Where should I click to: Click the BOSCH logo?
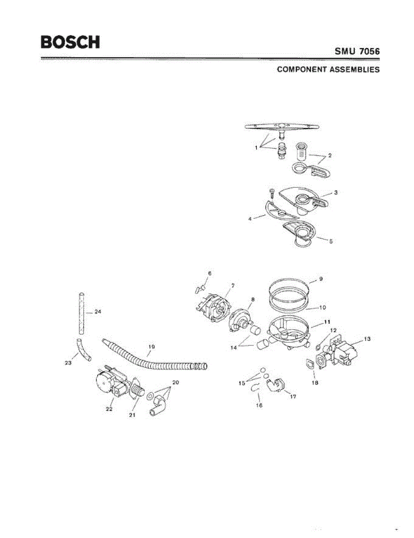click(70, 42)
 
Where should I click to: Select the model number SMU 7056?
click(357, 52)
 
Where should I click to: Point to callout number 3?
click(335, 192)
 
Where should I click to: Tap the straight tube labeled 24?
click(81, 313)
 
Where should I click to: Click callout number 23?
click(68, 364)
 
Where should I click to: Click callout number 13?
click(367, 339)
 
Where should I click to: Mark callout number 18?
click(316, 383)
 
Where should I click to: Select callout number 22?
click(109, 408)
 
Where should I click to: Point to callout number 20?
click(175, 382)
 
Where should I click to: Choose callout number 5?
click(331, 241)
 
